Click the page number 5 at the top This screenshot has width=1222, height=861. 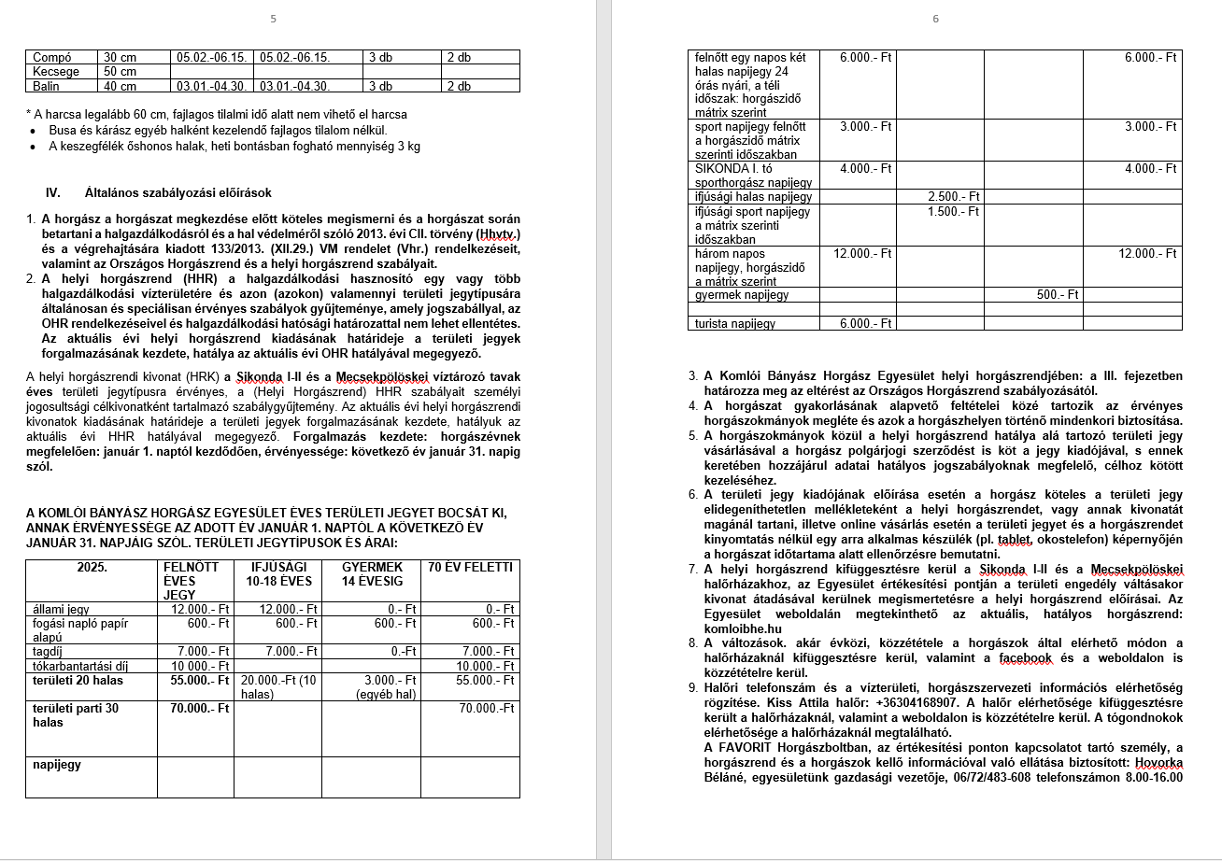273,19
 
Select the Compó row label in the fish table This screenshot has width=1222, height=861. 52,58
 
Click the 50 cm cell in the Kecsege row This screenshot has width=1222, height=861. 120,72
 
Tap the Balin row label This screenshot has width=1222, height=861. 46,87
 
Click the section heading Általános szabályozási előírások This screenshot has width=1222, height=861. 178,193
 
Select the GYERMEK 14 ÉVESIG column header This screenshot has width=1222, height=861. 372,573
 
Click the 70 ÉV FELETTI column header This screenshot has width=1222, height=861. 470,567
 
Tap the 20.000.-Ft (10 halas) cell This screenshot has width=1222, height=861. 277,687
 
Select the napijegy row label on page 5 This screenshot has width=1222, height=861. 57,765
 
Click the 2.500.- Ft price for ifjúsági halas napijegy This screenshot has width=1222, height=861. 955,197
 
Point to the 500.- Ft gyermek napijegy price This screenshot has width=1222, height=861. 1058,294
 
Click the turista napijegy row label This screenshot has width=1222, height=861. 735,324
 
